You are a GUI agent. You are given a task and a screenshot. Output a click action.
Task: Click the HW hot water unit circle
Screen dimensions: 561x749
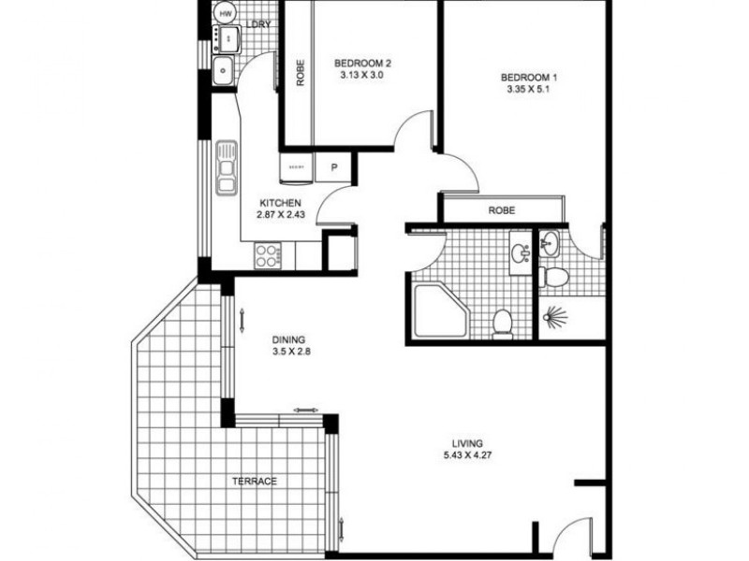[225, 13]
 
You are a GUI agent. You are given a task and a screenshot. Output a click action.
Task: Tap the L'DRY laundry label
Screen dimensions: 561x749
[258, 25]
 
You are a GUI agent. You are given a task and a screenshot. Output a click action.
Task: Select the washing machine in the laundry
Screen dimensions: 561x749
[227, 37]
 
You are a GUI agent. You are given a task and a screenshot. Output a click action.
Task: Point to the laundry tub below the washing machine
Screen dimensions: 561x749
[225, 68]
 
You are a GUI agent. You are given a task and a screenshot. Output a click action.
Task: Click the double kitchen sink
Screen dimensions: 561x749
[226, 167]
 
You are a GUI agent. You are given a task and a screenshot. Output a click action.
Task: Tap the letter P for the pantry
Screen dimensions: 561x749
[332, 168]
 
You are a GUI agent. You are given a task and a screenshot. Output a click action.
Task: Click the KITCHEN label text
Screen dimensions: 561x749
[281, 203]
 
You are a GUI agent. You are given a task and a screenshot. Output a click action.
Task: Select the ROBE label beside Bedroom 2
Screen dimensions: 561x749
[300, 74]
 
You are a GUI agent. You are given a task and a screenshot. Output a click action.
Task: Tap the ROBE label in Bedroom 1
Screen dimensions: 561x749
[502, 210]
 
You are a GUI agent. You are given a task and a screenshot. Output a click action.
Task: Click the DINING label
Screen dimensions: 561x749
[289, 340]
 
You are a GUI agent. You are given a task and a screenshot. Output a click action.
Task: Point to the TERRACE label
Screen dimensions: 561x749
[255, 482]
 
